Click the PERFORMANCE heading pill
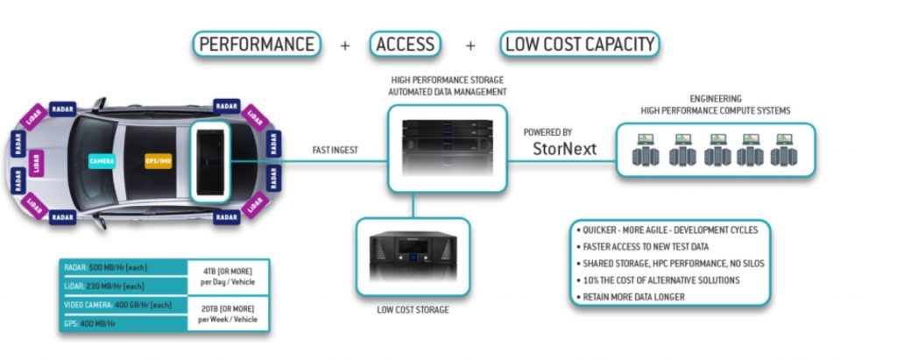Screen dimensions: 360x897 [x=257, y=44]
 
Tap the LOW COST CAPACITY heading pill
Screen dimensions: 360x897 [x=579, y=44]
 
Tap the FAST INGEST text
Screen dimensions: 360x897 [x=335, y=151]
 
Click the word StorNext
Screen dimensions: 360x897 [x=564, y=149]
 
